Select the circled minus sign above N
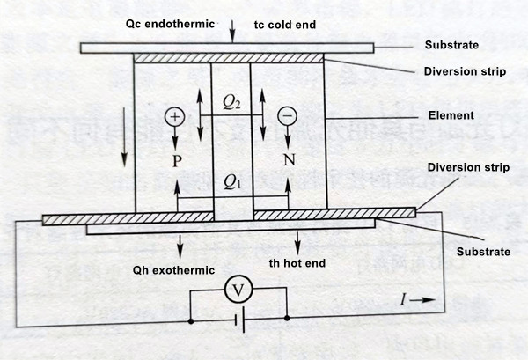(287, 116)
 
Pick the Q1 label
(232, 182)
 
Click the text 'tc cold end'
(283, 24)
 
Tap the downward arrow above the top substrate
(232, 33)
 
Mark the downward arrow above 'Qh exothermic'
(180, 244)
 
